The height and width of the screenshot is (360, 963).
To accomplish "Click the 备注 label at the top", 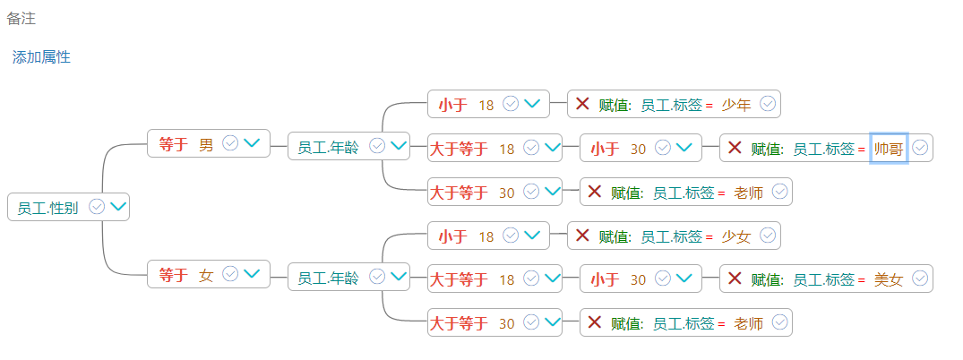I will click(21, 18).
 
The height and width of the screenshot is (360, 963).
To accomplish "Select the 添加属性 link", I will click(41, 57).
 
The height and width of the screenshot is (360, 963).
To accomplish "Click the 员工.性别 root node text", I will click(47, 208).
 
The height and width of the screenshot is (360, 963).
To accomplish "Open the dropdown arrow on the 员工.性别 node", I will click(117, 207).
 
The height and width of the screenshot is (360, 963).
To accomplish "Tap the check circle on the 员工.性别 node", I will click(97, 207).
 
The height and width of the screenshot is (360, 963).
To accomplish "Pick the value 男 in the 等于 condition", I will click(206, 144).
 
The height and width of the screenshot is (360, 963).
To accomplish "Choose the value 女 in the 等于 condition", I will click(206, 276).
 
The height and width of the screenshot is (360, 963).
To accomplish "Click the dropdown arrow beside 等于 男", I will click(252, 143).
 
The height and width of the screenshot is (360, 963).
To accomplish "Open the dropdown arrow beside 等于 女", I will click(252, 274).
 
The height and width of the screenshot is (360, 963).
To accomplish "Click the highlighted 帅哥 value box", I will click(889, 149).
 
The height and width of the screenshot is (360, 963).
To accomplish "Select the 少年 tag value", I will click(735, 105).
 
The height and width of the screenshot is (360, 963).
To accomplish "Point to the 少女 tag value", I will click(735, 236).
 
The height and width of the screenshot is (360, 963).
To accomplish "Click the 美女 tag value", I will click(889, 279).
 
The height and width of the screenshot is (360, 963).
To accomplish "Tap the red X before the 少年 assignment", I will click(582, 104).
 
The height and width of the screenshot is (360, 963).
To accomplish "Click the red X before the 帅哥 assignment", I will click(735, 148).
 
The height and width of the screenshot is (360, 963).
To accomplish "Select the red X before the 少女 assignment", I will click(582, 236).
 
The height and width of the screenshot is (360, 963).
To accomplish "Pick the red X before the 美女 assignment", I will click(735, 279).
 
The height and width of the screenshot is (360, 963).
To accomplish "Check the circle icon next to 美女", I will click(920, 279).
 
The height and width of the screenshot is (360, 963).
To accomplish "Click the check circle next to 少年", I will click(768, 104).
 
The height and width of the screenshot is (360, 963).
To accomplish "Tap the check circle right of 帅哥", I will click(920, 148).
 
